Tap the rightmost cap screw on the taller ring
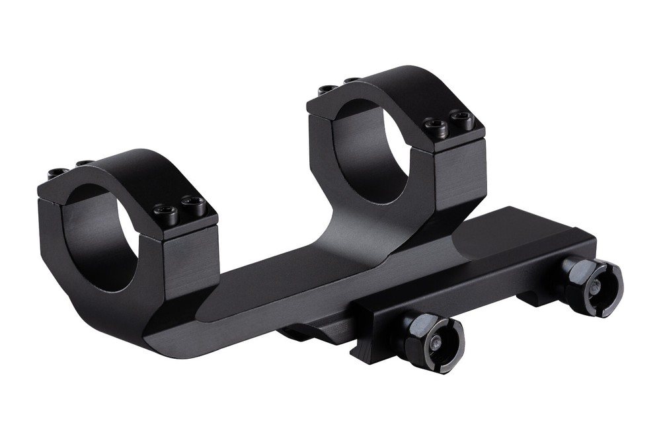(462, 120)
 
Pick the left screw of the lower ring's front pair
(165, 212)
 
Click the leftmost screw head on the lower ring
(57, 173)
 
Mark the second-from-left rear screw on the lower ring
(84, 163)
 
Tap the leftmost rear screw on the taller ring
(327, 89)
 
